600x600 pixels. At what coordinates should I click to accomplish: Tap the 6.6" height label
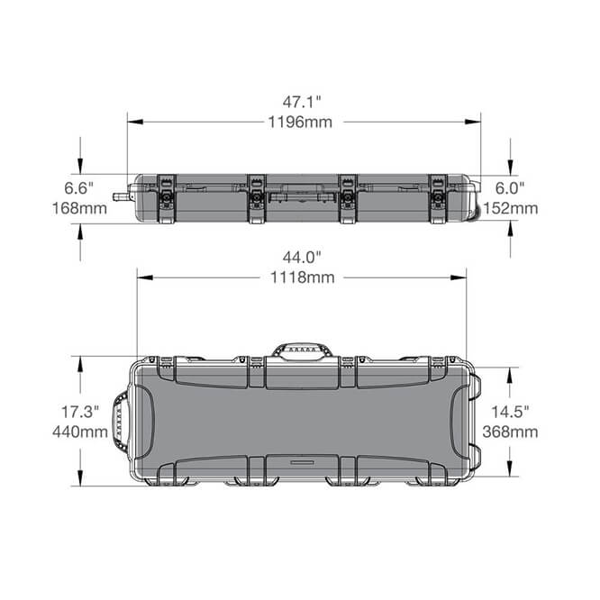click(80, 187)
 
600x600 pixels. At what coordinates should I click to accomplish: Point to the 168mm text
click(80, 208)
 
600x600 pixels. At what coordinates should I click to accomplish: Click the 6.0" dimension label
click(511, 187)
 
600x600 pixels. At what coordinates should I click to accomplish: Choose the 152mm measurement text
click(511, 208)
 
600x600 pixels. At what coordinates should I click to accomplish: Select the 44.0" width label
click(301, 259)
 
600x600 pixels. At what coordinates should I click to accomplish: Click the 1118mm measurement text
click(301, 277)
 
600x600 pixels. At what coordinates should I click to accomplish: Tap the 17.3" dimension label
click(79, 411)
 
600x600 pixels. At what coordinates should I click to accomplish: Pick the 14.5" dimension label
click(511, 411)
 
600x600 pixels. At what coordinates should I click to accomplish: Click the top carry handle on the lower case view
click(303, 349)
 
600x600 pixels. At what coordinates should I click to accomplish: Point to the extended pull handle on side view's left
click(119, 195)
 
